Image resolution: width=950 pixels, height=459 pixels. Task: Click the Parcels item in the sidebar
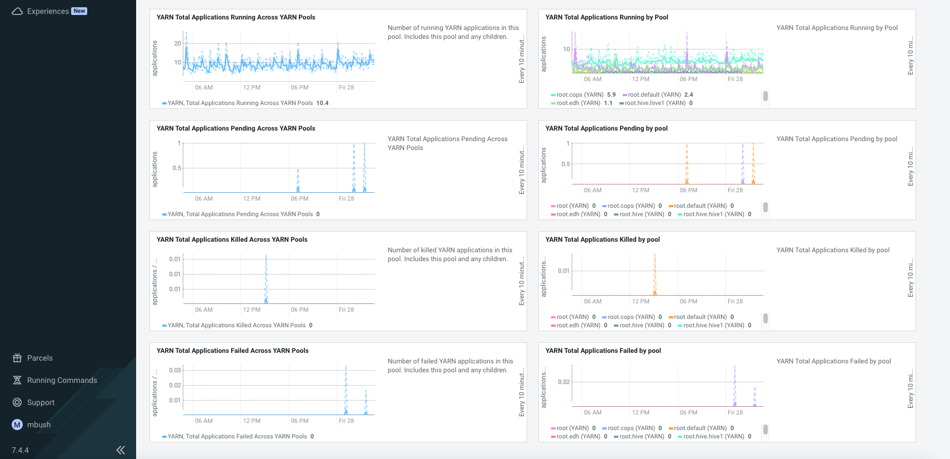point(39,358)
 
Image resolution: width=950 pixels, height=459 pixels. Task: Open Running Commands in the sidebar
point(62,380)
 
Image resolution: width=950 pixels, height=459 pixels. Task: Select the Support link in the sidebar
point(41,402)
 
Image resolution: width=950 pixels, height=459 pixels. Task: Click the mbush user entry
point(38,425)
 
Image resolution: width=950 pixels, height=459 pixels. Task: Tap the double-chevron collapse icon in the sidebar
point(121,450)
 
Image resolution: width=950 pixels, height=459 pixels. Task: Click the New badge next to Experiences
point(79,11)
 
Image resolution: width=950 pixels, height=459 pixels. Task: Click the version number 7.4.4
point(20,450)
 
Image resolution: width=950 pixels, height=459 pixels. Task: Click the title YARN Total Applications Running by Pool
point(607,17)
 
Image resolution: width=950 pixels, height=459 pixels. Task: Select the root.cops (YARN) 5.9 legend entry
point(583,94)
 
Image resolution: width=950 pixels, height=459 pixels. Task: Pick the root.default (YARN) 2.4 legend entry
point(658,94)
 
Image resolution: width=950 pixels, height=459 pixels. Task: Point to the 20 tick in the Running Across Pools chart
point(178,43)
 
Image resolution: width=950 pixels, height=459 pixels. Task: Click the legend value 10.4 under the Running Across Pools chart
point(322,103)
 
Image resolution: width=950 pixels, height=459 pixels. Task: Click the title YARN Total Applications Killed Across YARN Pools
point(232,240)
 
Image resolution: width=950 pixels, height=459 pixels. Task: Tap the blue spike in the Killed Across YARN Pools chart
point(266,278)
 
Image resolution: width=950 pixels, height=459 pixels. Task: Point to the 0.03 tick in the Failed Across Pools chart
point(175,370)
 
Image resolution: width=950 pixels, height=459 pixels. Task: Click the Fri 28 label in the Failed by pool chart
point(735,412)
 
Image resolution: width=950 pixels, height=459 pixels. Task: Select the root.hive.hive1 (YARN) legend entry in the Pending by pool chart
point(713,214)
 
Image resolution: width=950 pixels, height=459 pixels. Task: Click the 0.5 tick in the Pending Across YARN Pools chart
point(177,168)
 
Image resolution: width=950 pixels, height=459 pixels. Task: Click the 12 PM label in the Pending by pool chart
point(641,190)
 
